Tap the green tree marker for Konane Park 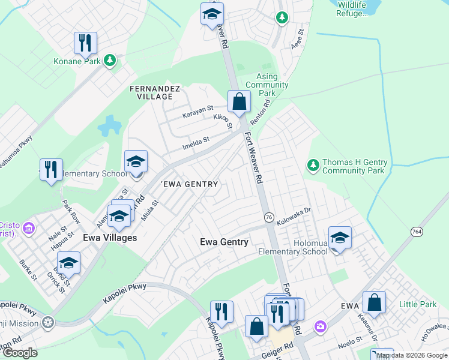pyautogui.click(x=109, y=59)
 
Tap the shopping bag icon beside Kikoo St pyautogui.click(x=239, y=102)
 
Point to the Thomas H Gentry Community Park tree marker pyautogui.click(x=313, y=164)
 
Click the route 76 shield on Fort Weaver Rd pyautogui.click(x=268, y=217)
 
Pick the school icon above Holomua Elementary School pyautogui.click(x=340, y=238)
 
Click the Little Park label pyautogui.click(x=420, y=305)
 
